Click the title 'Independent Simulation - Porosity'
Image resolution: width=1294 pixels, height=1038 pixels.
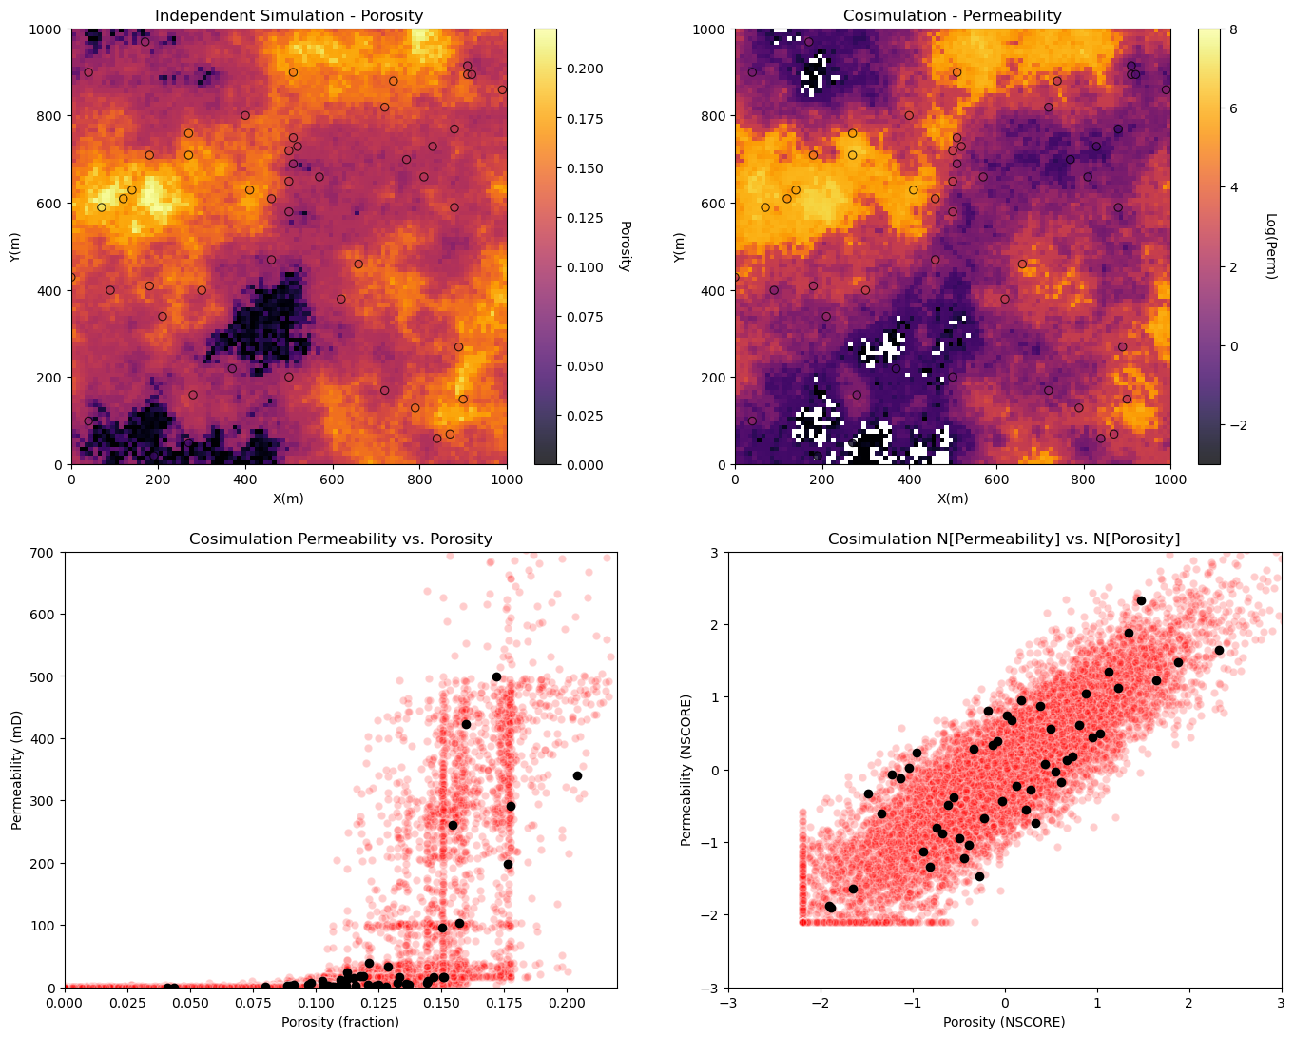[x=289, y=15]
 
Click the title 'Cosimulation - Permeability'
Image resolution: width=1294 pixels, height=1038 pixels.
[x=952, y=15]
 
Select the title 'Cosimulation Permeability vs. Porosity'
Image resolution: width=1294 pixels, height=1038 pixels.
[x=340, y=539]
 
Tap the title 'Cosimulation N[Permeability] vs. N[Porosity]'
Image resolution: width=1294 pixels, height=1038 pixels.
[x=1004, y=539]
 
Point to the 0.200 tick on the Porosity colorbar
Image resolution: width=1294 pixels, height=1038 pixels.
[x=585, y=69]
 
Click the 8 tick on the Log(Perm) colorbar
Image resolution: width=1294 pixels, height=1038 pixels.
[x=1233, y=29]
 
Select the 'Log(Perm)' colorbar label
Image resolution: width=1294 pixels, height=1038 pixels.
[x=1270, y=246]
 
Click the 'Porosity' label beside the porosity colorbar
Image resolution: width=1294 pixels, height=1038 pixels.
[x=625, y=246]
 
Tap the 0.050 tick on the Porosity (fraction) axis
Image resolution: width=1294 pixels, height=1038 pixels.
[x=190, y=1003]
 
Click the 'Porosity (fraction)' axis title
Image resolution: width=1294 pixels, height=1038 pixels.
[x=340, y=1022]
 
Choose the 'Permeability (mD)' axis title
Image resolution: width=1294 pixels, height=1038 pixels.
[x=16, y=771]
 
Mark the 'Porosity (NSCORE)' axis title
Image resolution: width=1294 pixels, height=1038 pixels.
[x=1004, y=1022]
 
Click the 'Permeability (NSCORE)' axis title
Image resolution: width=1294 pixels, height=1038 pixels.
[x=686, y=771]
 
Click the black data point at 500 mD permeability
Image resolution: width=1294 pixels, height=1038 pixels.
[x=496, y=677]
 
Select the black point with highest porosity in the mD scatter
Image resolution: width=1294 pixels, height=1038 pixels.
[x=577, y=775]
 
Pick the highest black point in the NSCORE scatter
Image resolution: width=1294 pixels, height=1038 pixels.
[x=1141, y=600]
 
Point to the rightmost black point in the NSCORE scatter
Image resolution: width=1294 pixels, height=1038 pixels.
[x=1219, y=650]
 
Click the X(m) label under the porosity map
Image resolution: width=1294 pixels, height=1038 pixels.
[x=289, y=499]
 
